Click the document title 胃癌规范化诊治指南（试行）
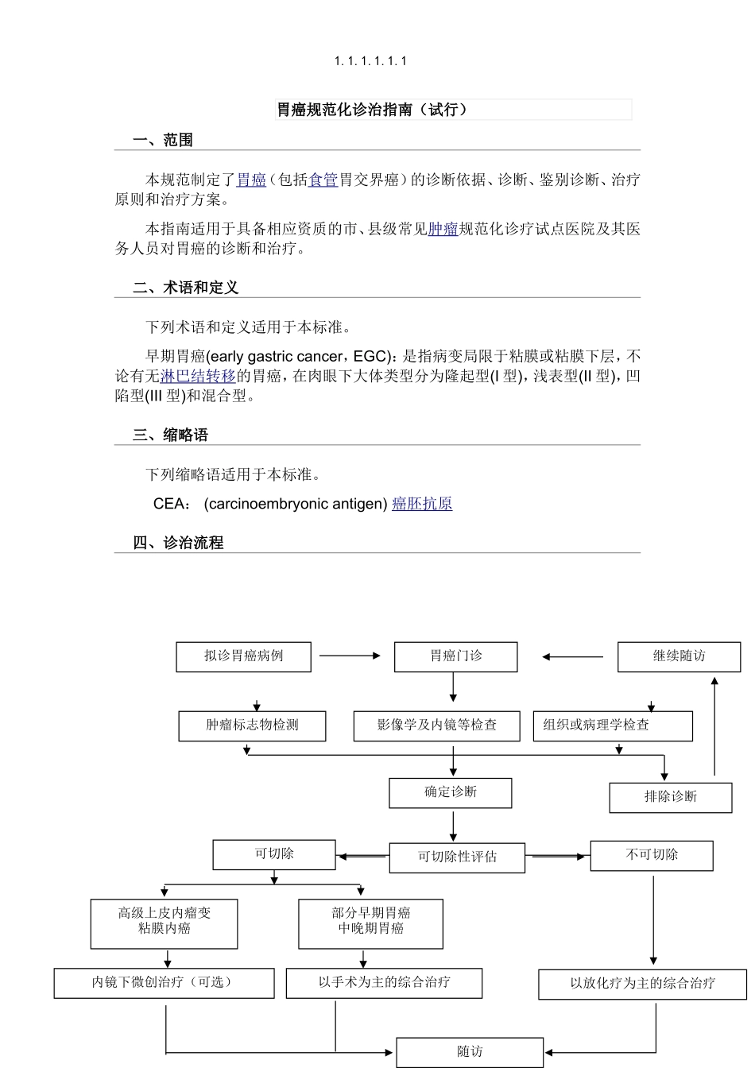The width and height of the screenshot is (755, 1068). [372, 110]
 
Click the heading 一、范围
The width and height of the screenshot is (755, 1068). [163, 141]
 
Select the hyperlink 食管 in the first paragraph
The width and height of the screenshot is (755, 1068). [323, 180]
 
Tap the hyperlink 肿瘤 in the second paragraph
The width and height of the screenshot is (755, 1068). [443, 230]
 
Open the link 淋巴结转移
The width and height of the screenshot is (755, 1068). [198, 376]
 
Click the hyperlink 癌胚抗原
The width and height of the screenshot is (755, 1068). [422, 504]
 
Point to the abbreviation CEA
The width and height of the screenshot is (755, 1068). [170, 504]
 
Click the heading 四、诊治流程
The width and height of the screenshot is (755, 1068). [178, 543]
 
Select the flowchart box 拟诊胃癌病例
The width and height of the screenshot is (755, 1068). [243, 657]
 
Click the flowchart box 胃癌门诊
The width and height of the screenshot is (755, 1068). [455, 657]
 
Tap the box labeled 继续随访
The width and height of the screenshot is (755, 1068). [679, 657]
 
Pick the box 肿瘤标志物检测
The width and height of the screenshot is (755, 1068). [252, 726]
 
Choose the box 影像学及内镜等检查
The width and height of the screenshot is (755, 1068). [436, 726]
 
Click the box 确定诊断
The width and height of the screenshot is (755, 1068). [450, 792]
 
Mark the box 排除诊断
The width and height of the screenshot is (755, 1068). [670, 797]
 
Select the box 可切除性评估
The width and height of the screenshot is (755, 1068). [457, 857]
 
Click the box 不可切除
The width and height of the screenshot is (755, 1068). [651, 855]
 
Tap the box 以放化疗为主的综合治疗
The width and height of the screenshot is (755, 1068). [642, 984]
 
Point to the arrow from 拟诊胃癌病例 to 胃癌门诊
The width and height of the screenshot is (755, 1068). [350, 656]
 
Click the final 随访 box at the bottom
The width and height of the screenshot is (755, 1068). [470, 1052]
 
